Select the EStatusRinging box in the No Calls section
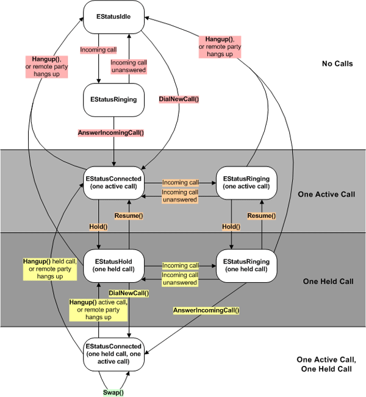[113, 99]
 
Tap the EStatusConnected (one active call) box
[113, 182]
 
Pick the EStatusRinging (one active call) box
[246, 182]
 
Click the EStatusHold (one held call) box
[113, 264]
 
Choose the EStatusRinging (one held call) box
[246, 264]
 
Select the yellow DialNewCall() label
[129, 293]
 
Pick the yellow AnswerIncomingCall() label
[206, 310]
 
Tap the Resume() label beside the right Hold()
[260, 216]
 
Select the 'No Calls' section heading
[337, 63]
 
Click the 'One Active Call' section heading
[326, 195]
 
